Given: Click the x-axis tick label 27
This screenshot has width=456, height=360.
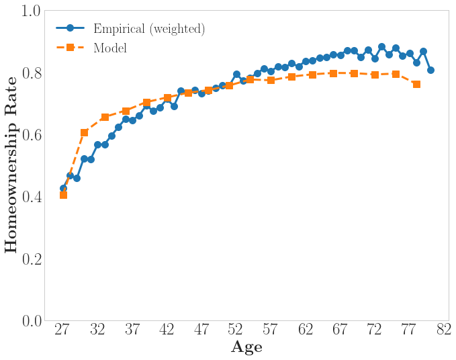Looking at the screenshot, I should pyautogui.click(x=62, y=330).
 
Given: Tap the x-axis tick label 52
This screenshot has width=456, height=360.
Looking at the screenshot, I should pyautogui.click(x=236, y=330).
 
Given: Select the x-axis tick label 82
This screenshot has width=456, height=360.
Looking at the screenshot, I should pyautogui.click(x=444, y=330).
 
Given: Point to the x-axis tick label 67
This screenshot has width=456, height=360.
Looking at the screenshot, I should pyautogui.click(x=340, y=330).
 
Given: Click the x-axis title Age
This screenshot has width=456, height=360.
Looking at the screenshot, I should pyautogui.click(x=246, y=347).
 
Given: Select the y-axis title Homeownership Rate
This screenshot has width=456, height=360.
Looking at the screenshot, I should pyautogui.click(x=11, y=166).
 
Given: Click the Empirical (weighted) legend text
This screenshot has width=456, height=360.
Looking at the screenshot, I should pyautogui.click(x=149, y=29).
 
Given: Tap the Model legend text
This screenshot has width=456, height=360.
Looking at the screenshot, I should pyautogui.click(x=110, y=48).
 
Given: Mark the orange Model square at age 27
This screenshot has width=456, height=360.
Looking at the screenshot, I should pyautogui.click(x=63, y=195).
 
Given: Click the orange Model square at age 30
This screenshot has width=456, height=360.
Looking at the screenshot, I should pyautogui.click(x=84, y=132).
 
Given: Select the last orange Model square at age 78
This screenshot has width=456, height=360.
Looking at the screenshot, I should pyautogui.click(x=416, y=84).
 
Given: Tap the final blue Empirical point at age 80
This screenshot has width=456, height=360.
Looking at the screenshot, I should pyautogui.click(x=430, y=70).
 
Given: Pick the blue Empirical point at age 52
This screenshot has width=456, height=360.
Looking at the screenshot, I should pyautogui.click(x=236, y=74).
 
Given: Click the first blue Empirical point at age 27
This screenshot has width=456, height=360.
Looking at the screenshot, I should pyautogui.click(x=63, y=188).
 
